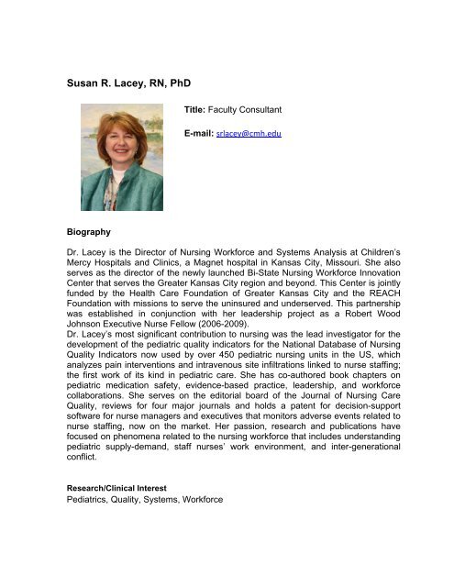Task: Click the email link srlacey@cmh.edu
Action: click(x=247, y=134)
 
